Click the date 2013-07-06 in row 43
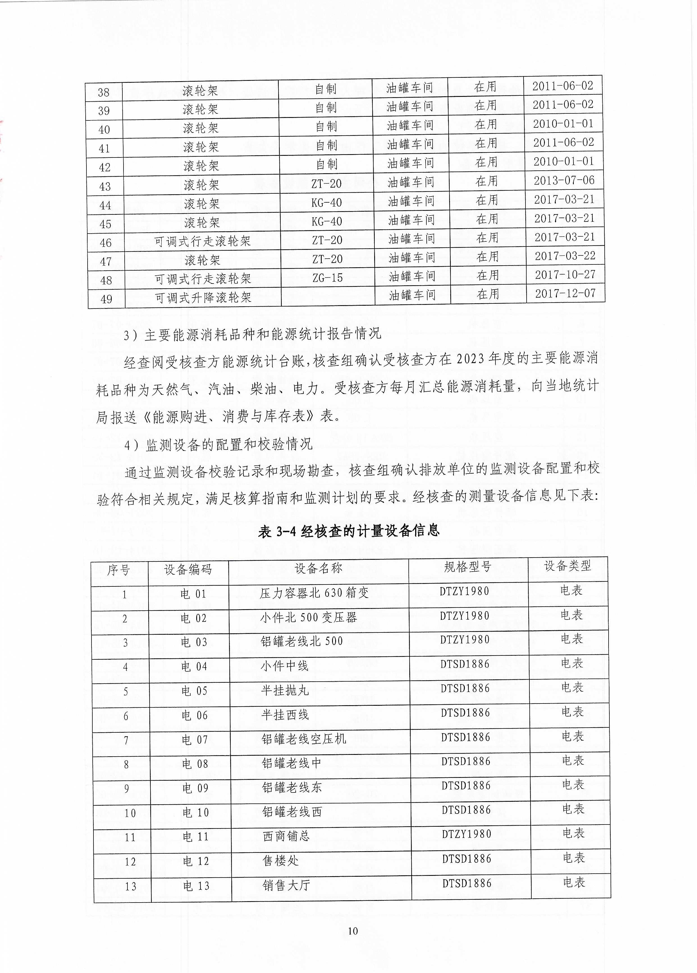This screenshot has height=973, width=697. (x=564, y=181)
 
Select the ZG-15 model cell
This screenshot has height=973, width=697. (x=327, y=278)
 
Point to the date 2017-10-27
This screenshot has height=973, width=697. (x=565, y=275)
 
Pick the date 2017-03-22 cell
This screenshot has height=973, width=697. (x=565, y=256)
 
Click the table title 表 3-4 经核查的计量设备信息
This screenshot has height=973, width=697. (x=349, y=531)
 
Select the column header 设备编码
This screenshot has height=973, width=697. (x=188, y=569)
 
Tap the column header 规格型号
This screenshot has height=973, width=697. (x=468, y=567)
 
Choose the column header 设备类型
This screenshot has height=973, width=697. (x=568, y=566)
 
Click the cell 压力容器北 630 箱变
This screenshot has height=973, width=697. (x=314, y=593)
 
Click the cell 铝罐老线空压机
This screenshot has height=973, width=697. (x=304, y=739)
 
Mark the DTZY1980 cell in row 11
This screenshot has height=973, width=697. (x=467, y=834)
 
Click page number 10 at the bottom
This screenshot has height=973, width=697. (x=353, y=931)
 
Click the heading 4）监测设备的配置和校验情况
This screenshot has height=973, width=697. (x=218, y=444)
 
